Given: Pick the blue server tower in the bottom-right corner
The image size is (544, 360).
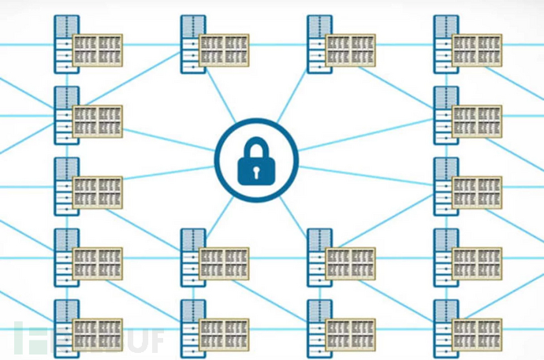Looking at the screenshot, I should click(444, 326).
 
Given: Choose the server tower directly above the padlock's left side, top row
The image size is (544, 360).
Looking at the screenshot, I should click(192, 43).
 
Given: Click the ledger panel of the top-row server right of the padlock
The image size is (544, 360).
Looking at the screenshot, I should click(349, 49).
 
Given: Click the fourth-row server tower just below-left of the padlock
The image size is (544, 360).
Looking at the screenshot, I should click(192, 255).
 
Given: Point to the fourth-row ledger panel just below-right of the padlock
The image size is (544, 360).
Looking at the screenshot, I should click(349, 262).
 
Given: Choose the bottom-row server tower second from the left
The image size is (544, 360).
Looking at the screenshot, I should click(192, 326).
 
